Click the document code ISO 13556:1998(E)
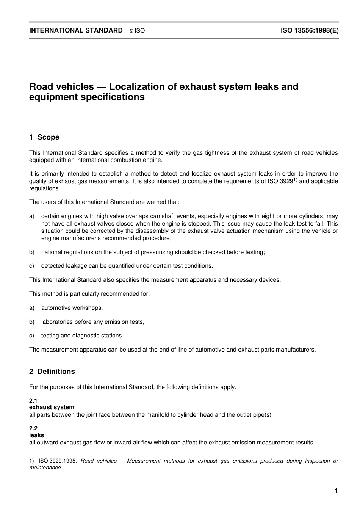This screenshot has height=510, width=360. point(310,30)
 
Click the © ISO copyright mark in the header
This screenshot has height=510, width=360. point(137,31)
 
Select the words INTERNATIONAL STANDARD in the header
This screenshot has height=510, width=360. point(76,30)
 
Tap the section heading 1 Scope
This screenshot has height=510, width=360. point(44,137)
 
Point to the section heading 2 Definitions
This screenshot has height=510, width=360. point(52,372)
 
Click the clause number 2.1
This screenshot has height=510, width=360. point(33,401)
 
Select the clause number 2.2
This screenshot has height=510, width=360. point(33,429)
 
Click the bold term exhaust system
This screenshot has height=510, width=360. point(52,407)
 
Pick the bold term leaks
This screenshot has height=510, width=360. point(36,435)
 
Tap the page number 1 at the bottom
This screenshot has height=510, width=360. point(336,491)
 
